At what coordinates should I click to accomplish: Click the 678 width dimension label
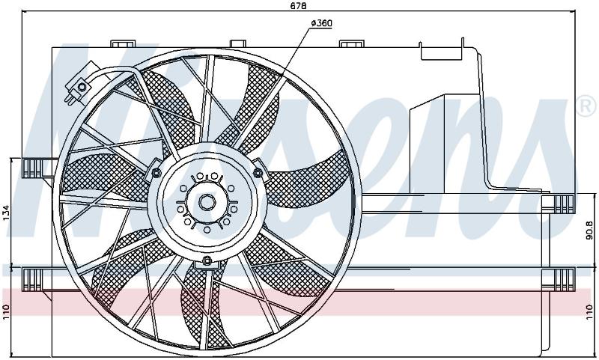299,5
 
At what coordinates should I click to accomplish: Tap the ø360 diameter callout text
322,23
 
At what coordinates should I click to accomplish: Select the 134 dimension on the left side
6,213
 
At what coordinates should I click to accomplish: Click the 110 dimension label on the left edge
6,311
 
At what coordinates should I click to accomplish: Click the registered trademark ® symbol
587,107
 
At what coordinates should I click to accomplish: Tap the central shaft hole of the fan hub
207,202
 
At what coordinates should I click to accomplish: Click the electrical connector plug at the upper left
79,88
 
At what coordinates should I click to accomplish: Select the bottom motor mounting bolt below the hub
207,261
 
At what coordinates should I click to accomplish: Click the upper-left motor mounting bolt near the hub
156,174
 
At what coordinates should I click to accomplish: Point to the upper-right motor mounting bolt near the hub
258,173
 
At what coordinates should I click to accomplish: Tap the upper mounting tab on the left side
33,168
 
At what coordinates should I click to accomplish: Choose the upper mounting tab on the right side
559,204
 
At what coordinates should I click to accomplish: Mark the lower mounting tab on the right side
559,279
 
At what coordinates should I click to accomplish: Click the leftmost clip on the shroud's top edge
123,43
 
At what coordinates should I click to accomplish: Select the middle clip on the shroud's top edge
237,43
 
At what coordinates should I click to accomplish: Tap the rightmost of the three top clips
351,43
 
